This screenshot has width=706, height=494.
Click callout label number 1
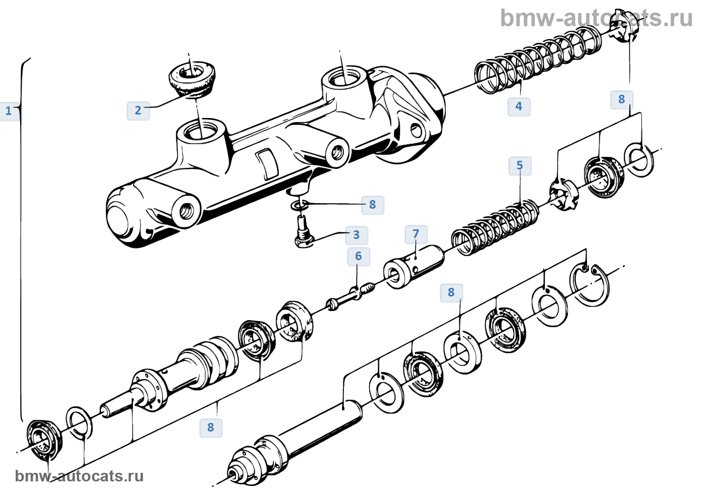pos(9,111)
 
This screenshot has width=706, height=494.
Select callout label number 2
pos(138,110)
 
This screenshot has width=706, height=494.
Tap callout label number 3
pos(357,235)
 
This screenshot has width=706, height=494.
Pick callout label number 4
pos(519,106)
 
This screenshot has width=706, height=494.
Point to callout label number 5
pos(520,165)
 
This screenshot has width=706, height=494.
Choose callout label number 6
pos(359,256)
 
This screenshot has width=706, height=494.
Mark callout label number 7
pos(416,234)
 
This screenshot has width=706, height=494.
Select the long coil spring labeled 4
pos(537,60)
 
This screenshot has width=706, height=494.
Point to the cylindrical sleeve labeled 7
pos(414,266)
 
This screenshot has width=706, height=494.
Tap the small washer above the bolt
pos(299,205)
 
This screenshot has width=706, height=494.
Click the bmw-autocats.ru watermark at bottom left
pos(79,476)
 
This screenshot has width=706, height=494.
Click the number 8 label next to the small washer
pos(373,205)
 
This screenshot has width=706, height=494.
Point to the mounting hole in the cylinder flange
pos(417,131)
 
